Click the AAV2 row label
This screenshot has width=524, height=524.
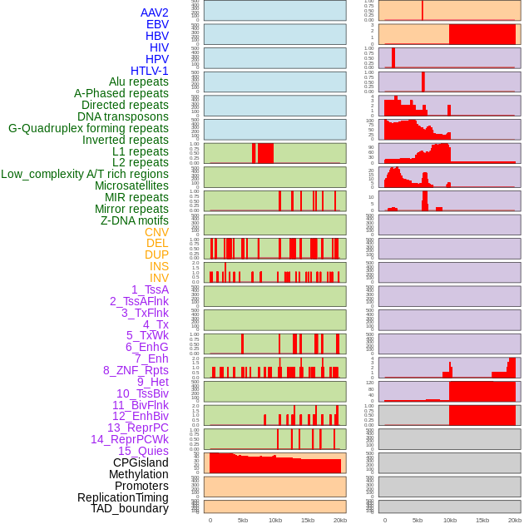pyautogui.click(x=154, y=12)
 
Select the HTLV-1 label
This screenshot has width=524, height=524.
pyautogui.click(x=149, y=71)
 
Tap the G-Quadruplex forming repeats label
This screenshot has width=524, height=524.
pyautogui.click(x=88, y=128)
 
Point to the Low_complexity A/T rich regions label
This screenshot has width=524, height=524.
pyautogui.click(x=85, y=174)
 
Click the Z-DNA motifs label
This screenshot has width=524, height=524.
pyautogui.click(x=135, y=220)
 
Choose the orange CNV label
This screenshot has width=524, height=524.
pyautogui.click(x=156, y=232)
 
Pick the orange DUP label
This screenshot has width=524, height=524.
pyautogui.click(x=156, y=255)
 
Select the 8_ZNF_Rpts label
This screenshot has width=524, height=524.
pyautogui.click(x=136, y=370)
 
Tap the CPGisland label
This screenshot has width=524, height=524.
pyautogui.click(x=141, y=462)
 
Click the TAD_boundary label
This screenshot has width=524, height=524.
pyautogui.click(x=129, y=508)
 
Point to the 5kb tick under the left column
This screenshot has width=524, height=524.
pyautogui.click(x=243, y=520)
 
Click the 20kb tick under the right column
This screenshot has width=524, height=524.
pyautogui.click(x=514, y=520)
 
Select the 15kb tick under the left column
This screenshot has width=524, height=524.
pyautogui.click(x=308, y=520)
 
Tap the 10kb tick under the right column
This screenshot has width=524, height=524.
pyautogui.click(x=449, y=520)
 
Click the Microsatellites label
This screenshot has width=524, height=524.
pyautogui.click(x=131, y=185)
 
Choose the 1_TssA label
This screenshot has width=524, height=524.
pyautogui.click(x=150, y=289)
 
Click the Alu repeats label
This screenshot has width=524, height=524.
pyautogui.click(x=139, y=82)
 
